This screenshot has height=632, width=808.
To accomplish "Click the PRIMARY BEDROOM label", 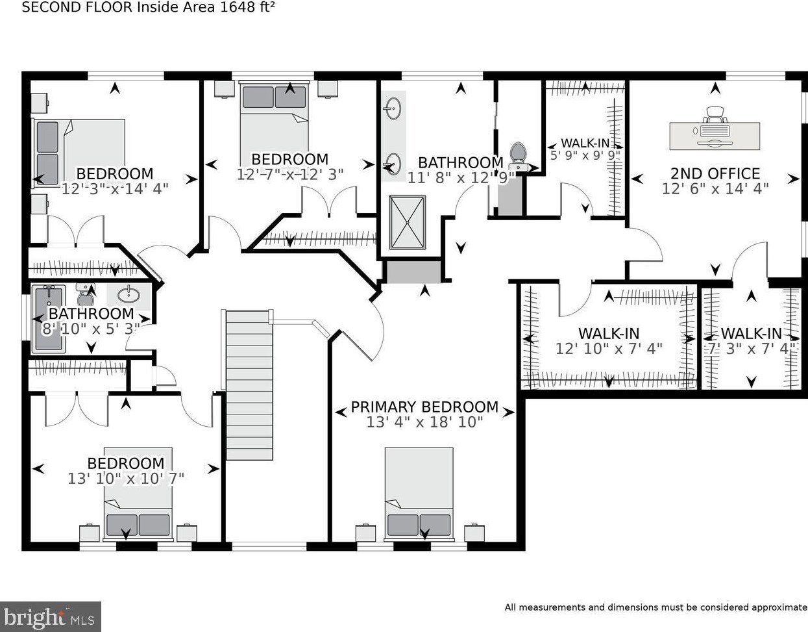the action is (x=424, y=407).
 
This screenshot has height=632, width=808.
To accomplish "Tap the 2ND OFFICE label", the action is (x=715, y=173).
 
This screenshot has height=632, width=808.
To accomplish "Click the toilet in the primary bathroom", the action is (x=518, y=157).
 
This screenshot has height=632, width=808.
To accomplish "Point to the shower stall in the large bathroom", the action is (x=407, y=222).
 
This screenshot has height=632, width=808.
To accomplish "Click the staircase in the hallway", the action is (x=249, y=385).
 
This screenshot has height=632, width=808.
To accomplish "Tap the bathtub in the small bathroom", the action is (x=49, y=319).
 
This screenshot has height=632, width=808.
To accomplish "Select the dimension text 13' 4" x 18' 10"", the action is (x=424, y=423).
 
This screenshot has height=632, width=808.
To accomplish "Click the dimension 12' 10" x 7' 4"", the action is (x=609, y=349).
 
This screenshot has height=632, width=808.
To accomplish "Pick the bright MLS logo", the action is (x=50, y=616).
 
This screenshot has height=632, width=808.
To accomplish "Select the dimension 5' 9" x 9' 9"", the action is (x=585, y=155).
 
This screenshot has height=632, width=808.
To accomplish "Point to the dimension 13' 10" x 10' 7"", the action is (x=126, y=479).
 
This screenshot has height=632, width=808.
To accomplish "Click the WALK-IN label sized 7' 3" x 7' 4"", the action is (x=751, y=334).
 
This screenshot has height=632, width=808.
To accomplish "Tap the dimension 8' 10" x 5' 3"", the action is (x=91, y=329).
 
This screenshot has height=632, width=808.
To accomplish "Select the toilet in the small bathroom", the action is (x=86, y=294).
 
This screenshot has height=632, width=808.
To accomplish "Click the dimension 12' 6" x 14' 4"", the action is (x=715, y=189).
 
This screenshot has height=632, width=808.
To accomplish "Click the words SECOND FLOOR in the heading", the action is (x=77, y=7).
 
